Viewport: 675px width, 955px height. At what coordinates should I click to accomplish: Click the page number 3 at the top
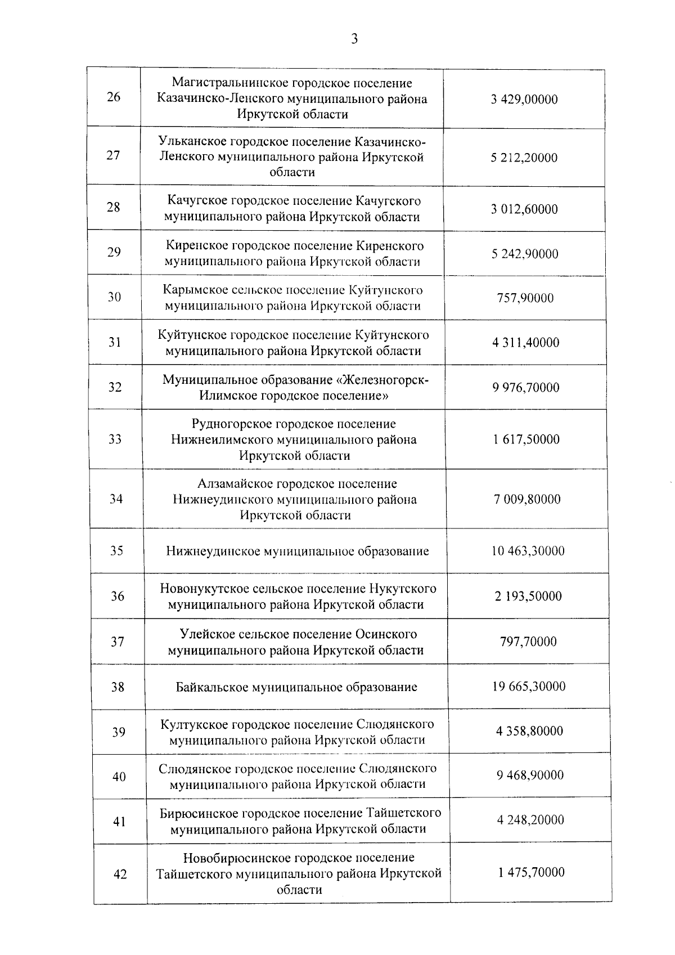354,39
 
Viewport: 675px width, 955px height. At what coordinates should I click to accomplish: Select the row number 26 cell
113,97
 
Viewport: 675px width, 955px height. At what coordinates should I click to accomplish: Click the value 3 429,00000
524,100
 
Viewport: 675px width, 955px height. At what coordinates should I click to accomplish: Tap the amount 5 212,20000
524,158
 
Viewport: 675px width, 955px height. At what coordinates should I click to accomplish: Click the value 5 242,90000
525,254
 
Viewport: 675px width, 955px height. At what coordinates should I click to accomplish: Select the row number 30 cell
114,297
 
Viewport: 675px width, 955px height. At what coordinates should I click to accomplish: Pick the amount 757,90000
525,298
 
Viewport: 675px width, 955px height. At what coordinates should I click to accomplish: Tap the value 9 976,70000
526,387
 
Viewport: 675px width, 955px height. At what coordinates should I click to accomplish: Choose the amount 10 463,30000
528,550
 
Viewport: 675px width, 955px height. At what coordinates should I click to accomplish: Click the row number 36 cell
117,596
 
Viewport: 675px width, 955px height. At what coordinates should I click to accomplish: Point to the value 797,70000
528,642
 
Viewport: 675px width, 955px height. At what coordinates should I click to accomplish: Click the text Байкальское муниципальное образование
296,687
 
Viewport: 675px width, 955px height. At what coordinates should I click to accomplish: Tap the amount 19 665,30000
529,687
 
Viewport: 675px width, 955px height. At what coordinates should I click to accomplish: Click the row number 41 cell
119,822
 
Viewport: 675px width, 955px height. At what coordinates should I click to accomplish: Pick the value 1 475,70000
531,873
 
